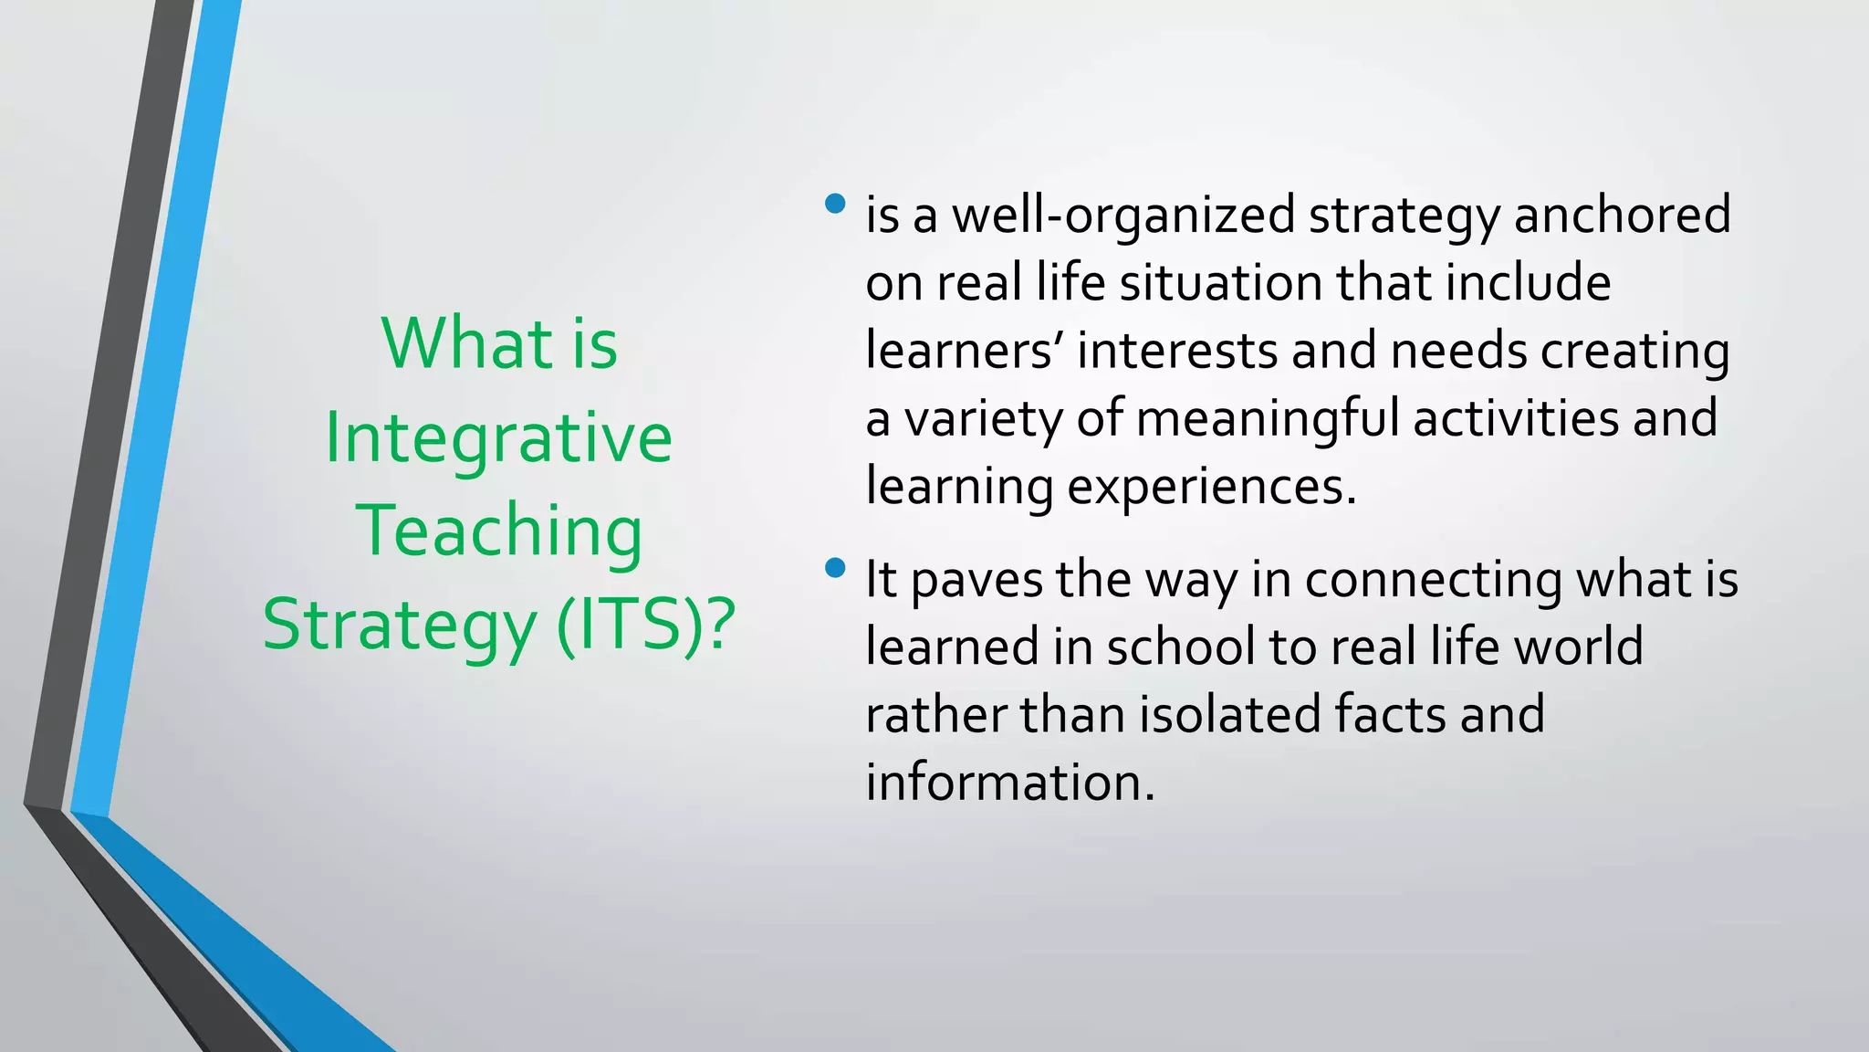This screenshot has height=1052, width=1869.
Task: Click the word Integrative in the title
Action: pos(498,438)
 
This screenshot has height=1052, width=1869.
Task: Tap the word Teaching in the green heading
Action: pos(498,531)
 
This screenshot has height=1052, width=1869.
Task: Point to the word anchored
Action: pos(1622,215)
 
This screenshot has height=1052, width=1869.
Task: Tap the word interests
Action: pos(1176,351)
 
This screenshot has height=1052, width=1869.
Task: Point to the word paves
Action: pos(976,581)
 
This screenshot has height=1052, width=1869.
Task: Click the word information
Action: pos(1009,783)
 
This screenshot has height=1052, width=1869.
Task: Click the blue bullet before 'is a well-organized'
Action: pos(834,203)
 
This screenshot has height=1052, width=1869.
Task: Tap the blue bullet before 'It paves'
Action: pos(834,568)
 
